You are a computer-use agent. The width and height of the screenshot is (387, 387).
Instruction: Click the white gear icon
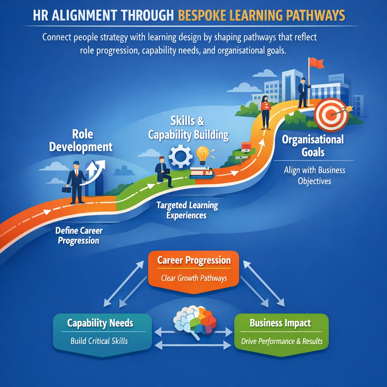(180, 156)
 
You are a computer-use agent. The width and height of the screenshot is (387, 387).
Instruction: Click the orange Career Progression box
(193, 269)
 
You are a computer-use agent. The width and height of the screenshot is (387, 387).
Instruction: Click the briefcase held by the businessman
(67, 190)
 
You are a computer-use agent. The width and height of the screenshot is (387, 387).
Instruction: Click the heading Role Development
(81, 140)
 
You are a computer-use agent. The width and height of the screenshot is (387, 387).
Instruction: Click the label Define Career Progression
(79, 235)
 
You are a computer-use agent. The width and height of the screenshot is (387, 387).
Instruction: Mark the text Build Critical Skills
(99, 341)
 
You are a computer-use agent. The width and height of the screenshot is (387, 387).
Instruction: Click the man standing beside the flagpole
(303, 92)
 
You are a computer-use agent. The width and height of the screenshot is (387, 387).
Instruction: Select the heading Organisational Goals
(313, 146)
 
